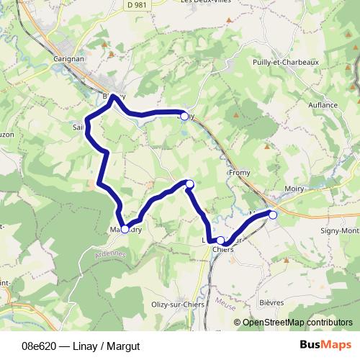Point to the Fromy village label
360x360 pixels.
[239, 173]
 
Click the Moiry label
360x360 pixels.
[294, 189]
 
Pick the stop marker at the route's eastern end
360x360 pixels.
[273, 214]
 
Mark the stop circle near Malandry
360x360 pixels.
[125, 229]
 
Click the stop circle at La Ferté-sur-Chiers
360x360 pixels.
[220, 240]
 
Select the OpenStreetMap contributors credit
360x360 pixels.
[296, 322]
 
